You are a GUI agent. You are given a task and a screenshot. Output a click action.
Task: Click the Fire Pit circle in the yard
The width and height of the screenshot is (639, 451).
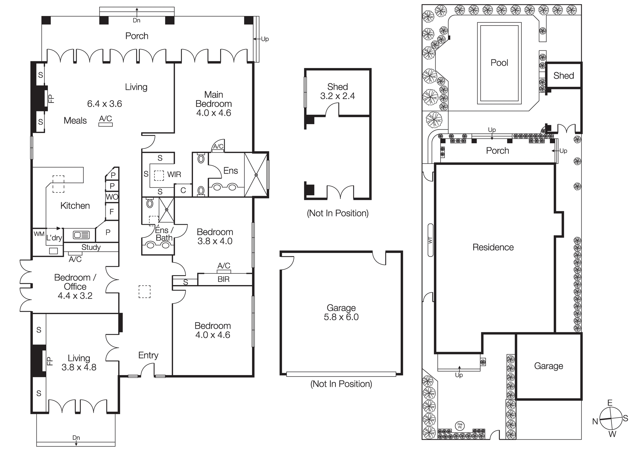[x=460, y=426]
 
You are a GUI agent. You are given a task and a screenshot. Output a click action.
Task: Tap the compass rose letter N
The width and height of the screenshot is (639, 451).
[x=595, y=422]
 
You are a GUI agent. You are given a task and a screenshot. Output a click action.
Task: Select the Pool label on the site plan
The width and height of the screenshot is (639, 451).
[x=499, y=63]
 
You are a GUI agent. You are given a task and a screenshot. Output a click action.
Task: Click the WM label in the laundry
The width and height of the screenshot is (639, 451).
[x=39, y=234]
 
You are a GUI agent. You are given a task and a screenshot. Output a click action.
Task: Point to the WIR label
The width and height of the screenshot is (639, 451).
[x=174, y=175]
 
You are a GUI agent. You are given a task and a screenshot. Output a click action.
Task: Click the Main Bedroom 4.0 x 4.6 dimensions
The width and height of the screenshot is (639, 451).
[x=213, y=113]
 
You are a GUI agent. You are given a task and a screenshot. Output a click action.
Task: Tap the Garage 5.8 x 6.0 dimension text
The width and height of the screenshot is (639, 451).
[x=341, y=317]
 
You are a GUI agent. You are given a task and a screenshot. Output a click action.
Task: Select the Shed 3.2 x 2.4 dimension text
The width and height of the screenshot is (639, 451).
[x=337, y=96]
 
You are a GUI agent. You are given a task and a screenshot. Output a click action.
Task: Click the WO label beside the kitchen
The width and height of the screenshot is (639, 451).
[x=112, y=197]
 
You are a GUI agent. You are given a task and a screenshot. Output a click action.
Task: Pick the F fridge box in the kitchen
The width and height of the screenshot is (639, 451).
[x=112, y=211]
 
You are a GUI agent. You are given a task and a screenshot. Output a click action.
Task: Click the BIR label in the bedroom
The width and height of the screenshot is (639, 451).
[x=224, y=279]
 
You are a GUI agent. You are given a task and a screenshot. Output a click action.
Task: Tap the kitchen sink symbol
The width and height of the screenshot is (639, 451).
[x=81, y=235]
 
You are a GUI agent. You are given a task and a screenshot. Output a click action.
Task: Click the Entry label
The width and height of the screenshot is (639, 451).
[x=148, y=355]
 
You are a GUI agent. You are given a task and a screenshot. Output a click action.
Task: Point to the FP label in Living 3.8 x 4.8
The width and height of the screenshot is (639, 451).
[x=50, y=361]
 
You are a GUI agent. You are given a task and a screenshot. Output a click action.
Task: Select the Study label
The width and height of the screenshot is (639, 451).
[x=91, y=247]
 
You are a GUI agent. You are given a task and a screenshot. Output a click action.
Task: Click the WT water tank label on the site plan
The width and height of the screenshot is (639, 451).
[x=430, y=240]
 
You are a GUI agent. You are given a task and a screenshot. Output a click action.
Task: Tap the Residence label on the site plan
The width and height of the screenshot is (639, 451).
[x=493, y=247]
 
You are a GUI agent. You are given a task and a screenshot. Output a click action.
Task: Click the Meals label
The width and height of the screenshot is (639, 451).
[x=75, y=121]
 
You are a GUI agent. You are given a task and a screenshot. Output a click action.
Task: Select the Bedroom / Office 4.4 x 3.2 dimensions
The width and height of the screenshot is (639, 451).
[x=75, y=296]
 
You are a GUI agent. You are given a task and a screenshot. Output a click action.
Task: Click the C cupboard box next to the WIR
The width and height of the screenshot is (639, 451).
[x=183, y=191]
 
